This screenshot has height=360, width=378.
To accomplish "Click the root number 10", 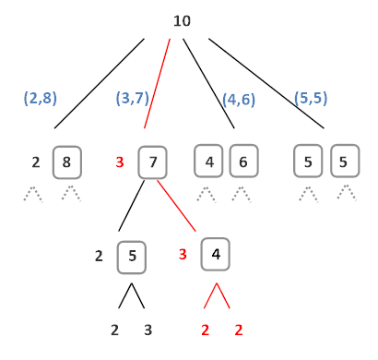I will pyautogui.click(x=182, y=19).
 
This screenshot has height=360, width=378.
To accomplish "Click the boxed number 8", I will pyautogui.click(x=65, y=162).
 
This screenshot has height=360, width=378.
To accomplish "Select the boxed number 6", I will pyautogui.click(x=242, y=162).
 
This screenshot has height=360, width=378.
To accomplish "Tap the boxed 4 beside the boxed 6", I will pyautogui.click(x=209, y=162).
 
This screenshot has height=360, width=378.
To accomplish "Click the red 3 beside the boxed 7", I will pyautogui.click(x=120, y=163).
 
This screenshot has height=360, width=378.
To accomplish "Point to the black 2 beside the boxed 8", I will pyautogui.click(x=36, y=163).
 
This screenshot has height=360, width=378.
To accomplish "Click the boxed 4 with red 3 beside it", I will pyautogui.click(x=216, y=253).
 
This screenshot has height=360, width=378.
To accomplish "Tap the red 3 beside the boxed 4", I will pyautogui.click(x=183, y=254).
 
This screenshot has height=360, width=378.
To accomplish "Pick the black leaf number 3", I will pyautogui.click(x=148, y=330).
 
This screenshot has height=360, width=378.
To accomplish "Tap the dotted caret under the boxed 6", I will pyautogui.click(x=242, y=194).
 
